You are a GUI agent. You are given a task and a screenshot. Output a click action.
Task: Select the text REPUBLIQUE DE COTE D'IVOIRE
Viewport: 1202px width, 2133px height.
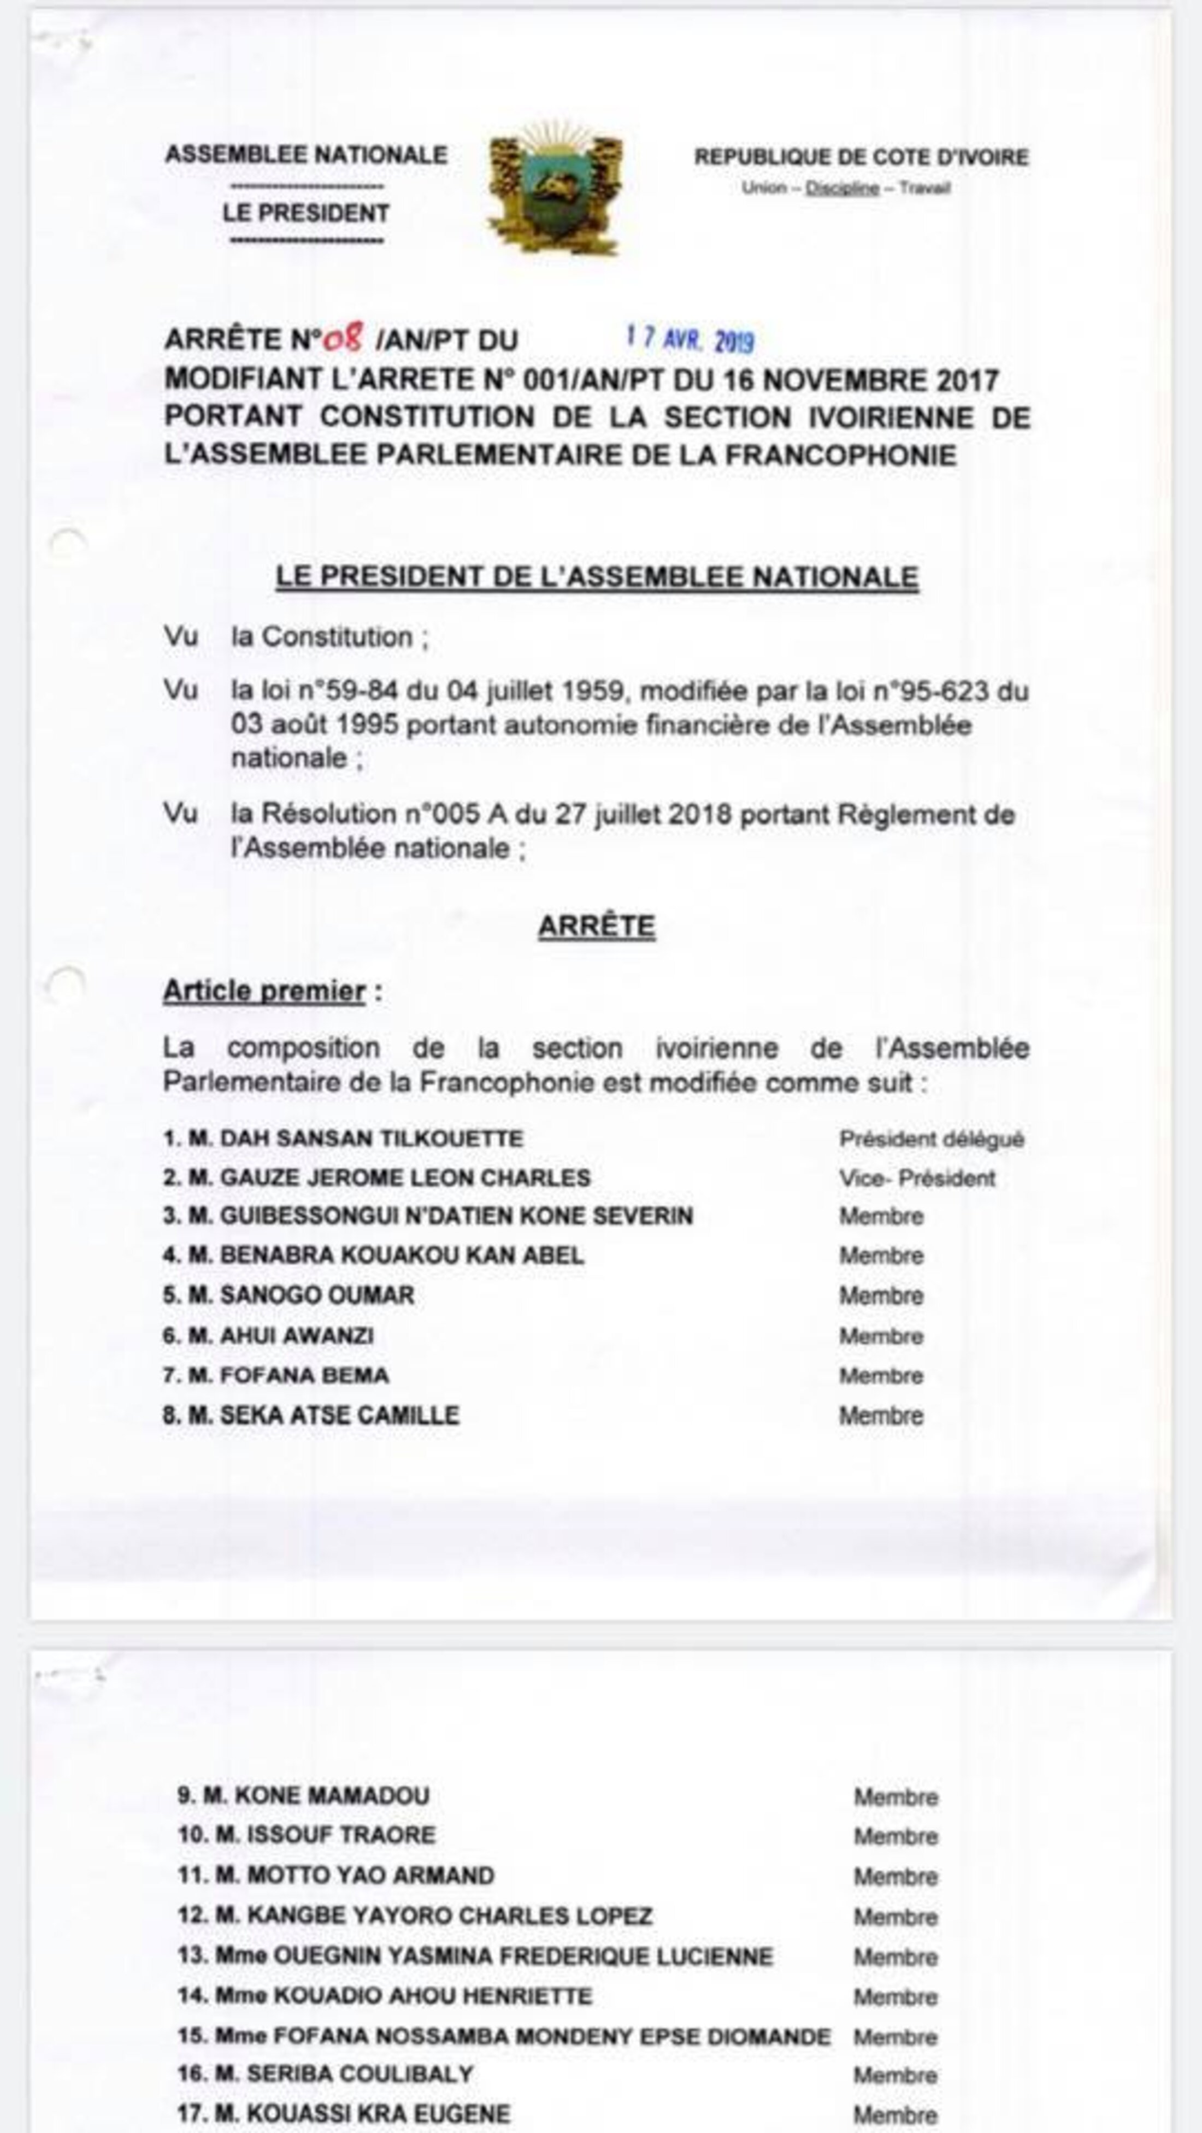click(x=861, y=156)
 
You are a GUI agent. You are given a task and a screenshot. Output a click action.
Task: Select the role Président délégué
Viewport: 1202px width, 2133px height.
click(x=932, y=1139)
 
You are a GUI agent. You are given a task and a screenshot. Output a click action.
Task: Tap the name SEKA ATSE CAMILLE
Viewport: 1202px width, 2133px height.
click(x=339, y=1415)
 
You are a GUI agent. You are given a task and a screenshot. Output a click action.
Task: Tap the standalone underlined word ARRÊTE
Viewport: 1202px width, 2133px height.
click(x=596, y=926)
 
